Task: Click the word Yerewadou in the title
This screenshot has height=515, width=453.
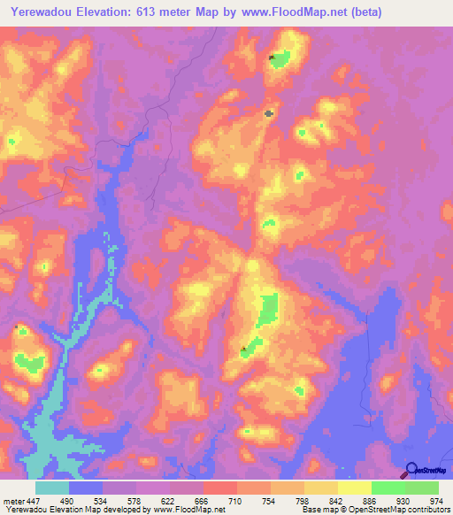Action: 38,12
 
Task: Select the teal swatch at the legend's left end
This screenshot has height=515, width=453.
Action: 52,488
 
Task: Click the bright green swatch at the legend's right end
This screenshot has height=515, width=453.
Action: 422,488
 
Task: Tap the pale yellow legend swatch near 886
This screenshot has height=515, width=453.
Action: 355,488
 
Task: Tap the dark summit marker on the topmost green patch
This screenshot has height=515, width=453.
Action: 273,58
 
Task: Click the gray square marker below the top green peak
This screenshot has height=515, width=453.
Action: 269,112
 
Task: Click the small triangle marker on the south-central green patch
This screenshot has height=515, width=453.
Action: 244,347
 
